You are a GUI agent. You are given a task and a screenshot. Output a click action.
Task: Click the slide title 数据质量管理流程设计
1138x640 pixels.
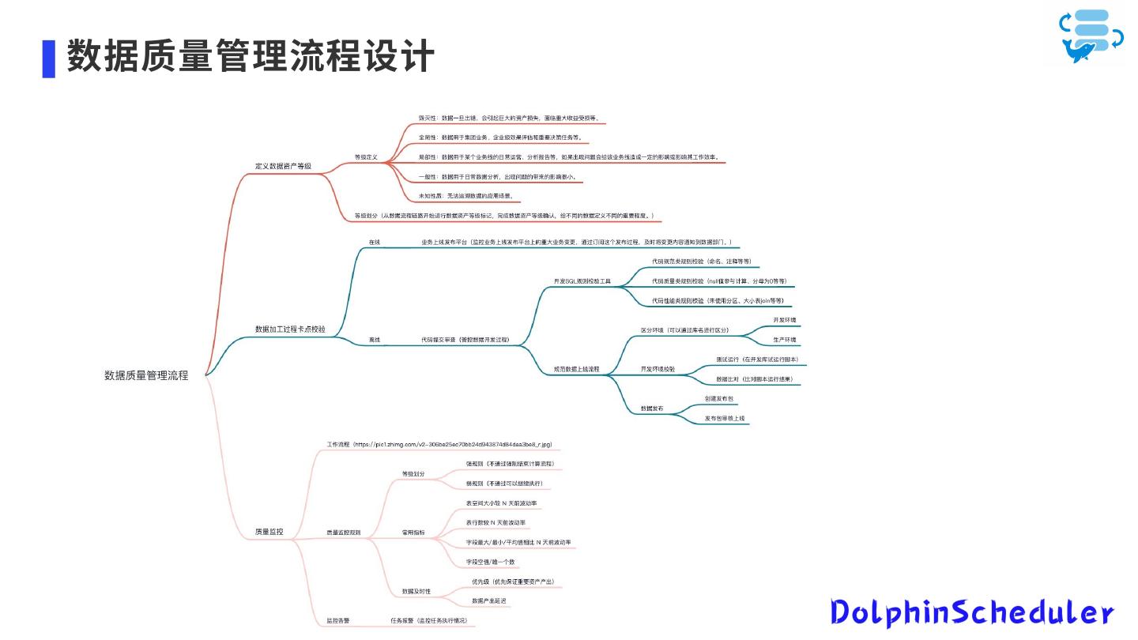coord(250,58)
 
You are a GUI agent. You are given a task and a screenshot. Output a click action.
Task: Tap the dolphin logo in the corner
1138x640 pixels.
coord(1091,36)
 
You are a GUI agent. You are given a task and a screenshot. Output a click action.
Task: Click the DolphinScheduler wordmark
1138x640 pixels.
coord(971,613)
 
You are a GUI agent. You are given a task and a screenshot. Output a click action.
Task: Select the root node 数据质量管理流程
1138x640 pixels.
coord(146,376)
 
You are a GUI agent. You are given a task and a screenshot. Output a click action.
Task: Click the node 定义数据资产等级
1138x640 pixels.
coord(283,167)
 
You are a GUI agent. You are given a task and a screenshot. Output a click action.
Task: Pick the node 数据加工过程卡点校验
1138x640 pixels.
coord(290,329)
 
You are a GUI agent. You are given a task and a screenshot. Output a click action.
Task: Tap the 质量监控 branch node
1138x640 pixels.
coord(269,533)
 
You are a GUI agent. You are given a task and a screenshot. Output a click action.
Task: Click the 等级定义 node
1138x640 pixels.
coord(366,157)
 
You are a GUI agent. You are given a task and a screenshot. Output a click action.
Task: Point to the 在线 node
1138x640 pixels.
coord(375,242)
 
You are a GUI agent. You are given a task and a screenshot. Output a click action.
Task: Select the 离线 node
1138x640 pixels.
coord(375,340)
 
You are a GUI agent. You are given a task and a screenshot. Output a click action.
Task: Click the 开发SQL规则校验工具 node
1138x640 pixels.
coord(582,281)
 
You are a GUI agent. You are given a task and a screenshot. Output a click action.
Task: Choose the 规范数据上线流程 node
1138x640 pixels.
coord(576,369)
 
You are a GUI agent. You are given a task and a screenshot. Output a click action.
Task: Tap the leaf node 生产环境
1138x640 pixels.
coord(784,340)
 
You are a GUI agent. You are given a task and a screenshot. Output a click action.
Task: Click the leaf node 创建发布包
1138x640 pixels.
coord(719,398)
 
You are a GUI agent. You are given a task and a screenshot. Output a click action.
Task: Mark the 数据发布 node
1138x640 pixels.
coord(652,408)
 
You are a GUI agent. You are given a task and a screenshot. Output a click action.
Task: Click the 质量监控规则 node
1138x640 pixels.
coord(344,533)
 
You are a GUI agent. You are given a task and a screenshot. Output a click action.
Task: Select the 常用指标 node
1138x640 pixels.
coord(413,533)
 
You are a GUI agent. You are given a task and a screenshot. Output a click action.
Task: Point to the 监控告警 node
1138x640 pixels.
coord(338,620)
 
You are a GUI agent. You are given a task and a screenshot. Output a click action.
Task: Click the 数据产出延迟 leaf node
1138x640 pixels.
coord(489,600)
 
